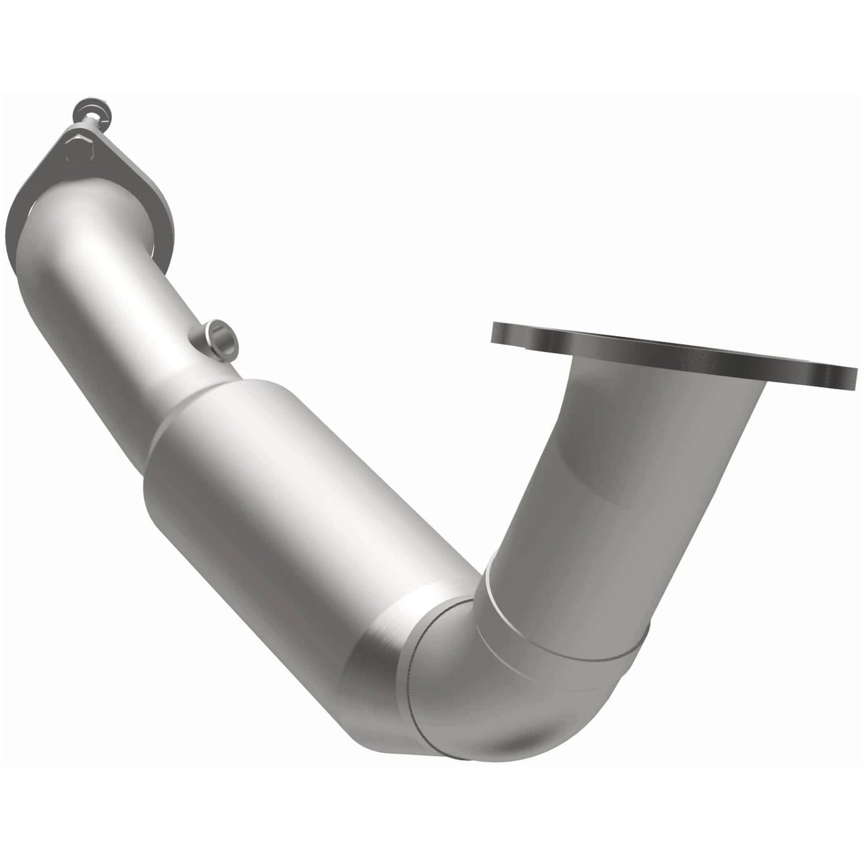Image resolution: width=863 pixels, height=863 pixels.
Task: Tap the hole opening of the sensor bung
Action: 223,337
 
